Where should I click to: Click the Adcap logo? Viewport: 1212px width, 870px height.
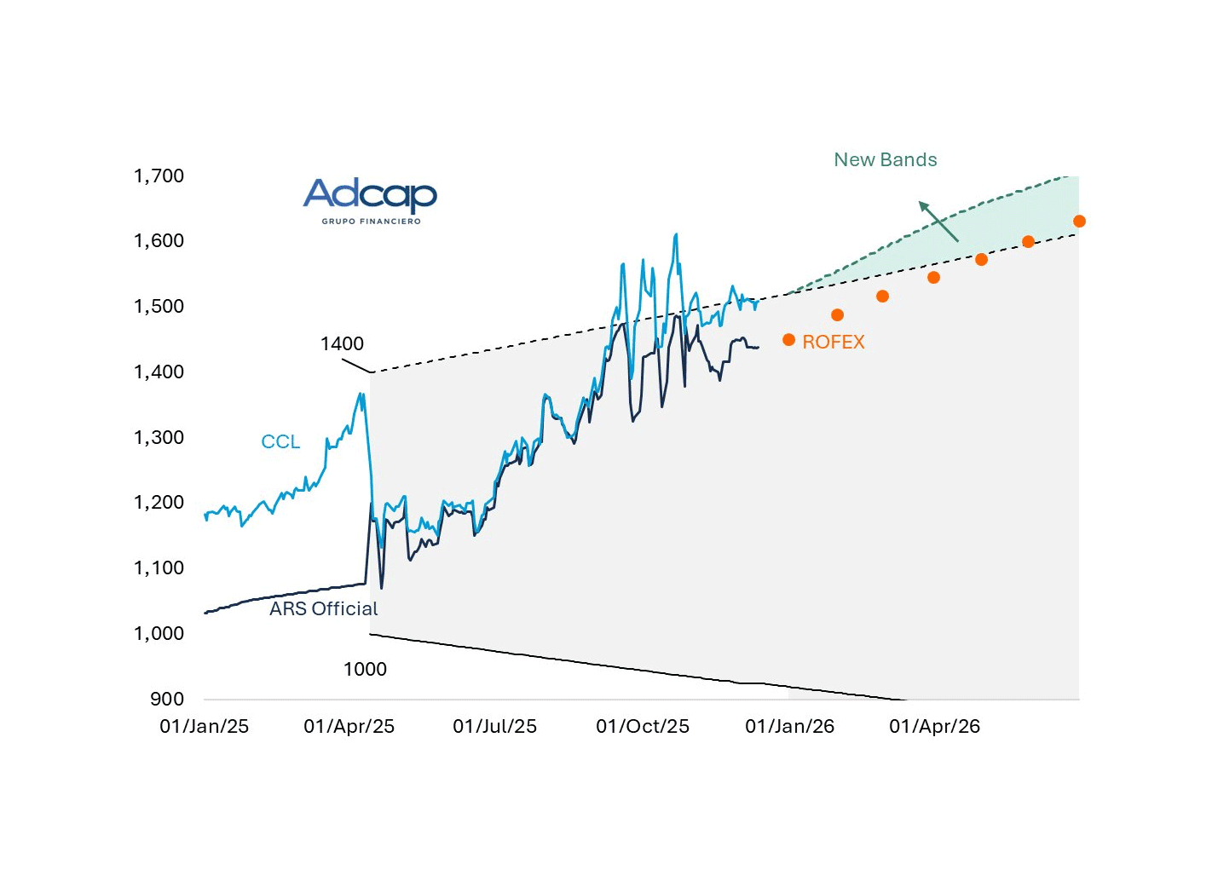coord(370,196)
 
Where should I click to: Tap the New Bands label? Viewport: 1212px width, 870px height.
coord(885,160)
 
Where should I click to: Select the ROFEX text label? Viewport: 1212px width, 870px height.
coord(833,342)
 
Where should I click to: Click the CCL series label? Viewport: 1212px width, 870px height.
coord(280,441)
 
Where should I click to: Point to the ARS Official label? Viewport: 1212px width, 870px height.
coord(323,608)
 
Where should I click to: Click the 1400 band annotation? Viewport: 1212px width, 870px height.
coord(342,343)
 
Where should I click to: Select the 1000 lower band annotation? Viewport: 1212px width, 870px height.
coord(365,669)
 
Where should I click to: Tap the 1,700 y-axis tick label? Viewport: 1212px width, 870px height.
coord(159,176)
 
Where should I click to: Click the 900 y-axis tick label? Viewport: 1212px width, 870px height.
coord(167,699)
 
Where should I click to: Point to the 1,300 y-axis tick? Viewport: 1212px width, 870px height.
coord(159,437)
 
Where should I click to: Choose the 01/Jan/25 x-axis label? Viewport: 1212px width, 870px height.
coord(205,726)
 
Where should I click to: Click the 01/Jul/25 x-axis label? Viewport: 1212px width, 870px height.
coord(494,726)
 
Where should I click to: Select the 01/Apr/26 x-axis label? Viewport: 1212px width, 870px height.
coord(934,726)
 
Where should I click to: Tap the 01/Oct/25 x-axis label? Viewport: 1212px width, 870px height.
coord(643,726)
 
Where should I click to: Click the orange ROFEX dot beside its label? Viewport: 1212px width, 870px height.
coord(788,340)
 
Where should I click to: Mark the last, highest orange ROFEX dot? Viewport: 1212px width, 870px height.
coord(1079,222)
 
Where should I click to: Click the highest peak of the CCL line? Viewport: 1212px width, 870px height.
coord(676,234)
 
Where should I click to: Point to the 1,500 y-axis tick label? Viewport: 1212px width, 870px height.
coord(159,306)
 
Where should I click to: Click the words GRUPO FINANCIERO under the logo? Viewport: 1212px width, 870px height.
coord(371,222)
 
